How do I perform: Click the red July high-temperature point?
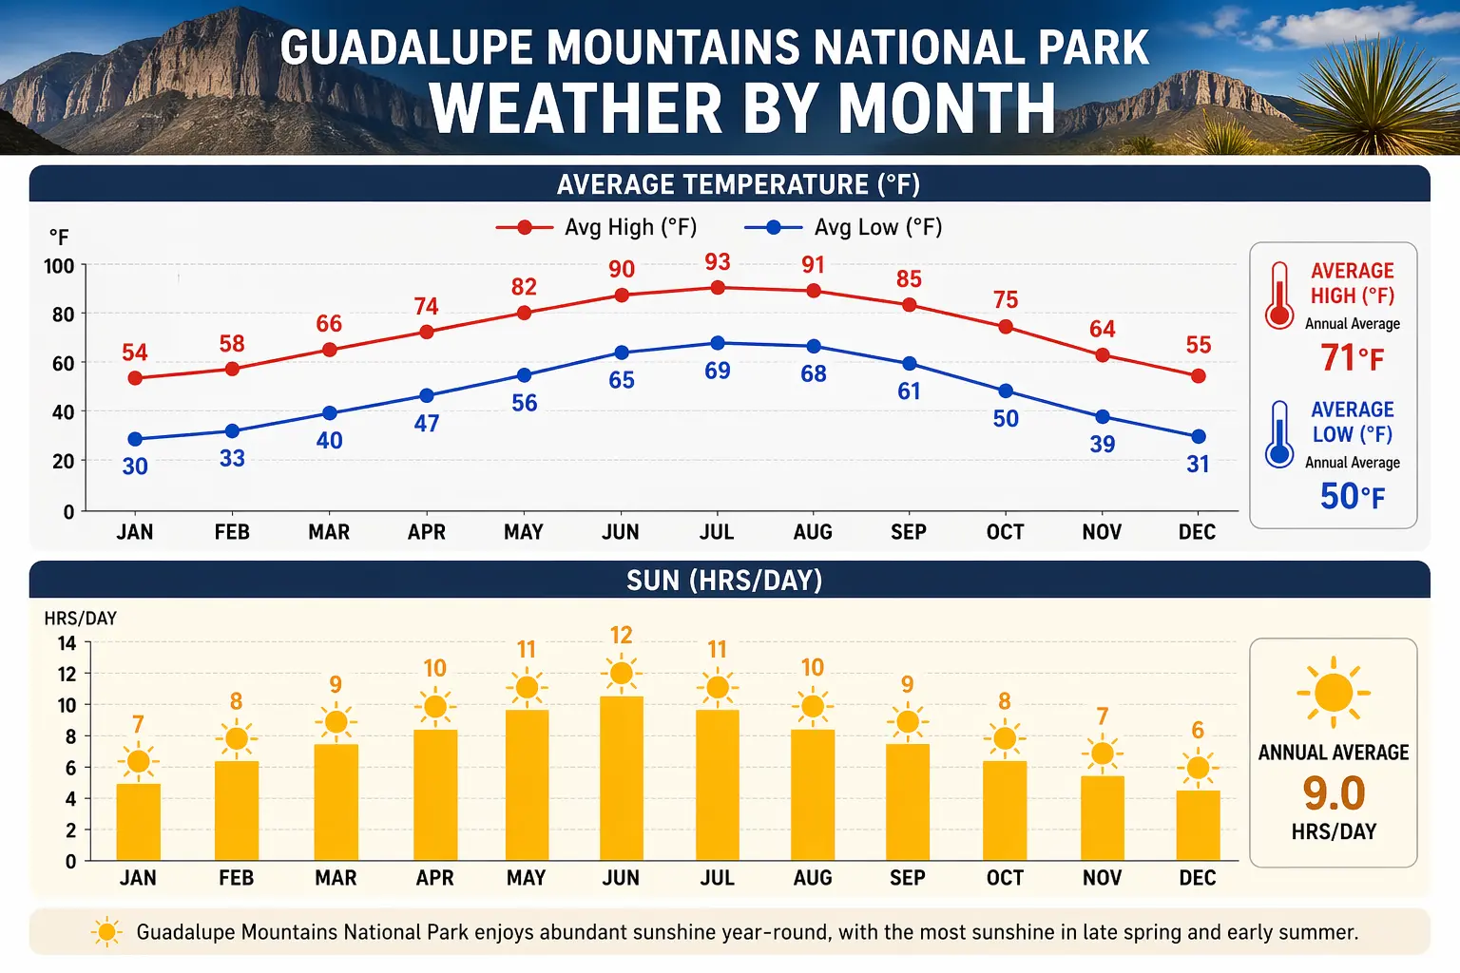click(718, 287)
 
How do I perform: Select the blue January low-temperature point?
click(135, 439)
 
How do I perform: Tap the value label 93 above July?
click(718, 262)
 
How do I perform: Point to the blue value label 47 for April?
click(427, 424)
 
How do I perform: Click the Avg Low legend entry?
click(843, 228)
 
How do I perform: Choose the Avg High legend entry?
click(597, 228)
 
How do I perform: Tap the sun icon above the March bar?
click(336, 722)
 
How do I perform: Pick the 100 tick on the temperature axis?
click(59, 266)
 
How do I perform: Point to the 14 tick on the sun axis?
click(67, 643)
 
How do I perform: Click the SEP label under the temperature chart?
click(909, 532)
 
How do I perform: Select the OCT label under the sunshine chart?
click(1005, 878)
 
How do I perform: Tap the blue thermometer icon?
click(1279, 434)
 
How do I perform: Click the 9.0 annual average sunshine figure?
click(1334, 792)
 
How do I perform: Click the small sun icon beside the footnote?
click(106, 932)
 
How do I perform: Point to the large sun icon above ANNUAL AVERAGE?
click(1334, 692)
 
